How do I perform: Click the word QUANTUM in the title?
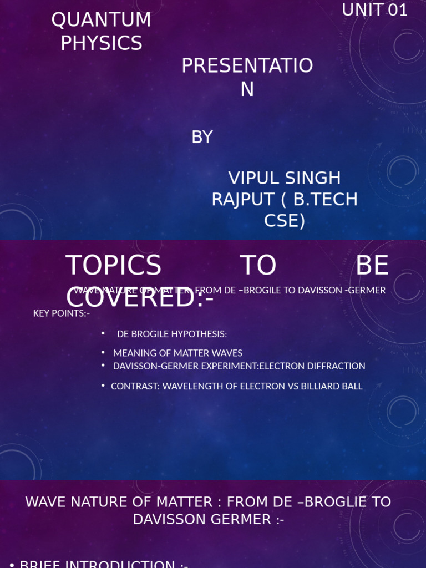click(101, 20)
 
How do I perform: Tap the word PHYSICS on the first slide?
click(101, 43)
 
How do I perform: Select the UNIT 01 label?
click(374, 9)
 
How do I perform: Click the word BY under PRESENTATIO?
click(202, 137)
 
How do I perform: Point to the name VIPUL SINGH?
click(285, 178)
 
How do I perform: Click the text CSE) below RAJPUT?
click(285, 221)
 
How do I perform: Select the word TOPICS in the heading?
click(113, 266)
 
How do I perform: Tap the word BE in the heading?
click(372, 266)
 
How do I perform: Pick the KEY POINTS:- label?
click(61, 313)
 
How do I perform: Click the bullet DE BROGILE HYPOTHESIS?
click(172, 334)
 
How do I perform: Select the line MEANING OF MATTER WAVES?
click(177, 353)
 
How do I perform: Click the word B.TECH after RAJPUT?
click(324, 200)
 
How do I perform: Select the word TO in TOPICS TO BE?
click(258, 266)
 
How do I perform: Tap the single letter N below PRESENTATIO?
click(247, 89)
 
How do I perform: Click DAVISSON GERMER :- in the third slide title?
click(208, 520)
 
